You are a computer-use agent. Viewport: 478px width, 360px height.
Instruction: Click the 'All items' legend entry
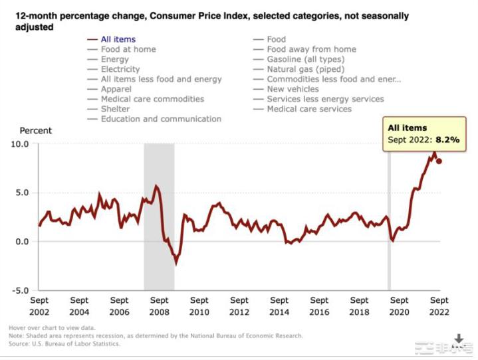(x=119, y=39)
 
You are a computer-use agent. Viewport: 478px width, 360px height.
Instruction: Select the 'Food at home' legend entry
(x=128, y=49)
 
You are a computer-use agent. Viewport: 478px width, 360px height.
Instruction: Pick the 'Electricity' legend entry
(x=120, y=69)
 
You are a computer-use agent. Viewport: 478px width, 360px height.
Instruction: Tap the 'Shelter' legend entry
(x=116, y=109)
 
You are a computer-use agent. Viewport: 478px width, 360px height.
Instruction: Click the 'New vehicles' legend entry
(x=293, y=89)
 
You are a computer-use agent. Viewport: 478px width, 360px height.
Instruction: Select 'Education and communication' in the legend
(x=161, y=119)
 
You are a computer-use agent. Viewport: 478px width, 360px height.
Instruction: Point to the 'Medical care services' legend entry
(x=309, y=109)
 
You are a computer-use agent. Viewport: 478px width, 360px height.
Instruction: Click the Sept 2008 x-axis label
(x=160, y=306)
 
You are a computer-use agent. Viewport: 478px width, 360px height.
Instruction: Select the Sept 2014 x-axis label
(x=279, y=306)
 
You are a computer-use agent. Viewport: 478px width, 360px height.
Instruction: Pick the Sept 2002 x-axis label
(x=39, y=306)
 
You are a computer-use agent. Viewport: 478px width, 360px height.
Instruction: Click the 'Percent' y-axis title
(x=35, y=131)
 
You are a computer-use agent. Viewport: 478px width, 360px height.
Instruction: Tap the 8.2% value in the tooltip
(x=447, y=140)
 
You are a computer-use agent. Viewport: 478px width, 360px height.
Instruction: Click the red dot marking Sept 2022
(x=439, y=161)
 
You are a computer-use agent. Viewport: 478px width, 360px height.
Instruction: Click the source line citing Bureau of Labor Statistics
(x=64, y=343)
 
